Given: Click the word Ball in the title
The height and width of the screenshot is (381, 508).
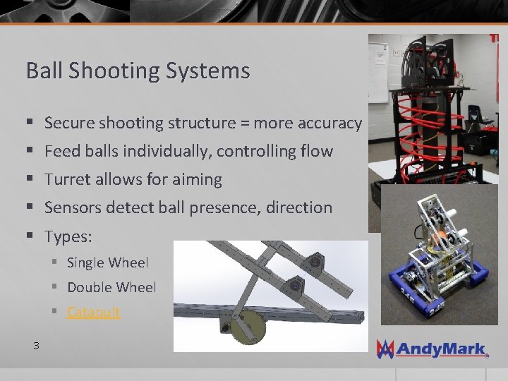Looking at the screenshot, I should [x=40, y=71].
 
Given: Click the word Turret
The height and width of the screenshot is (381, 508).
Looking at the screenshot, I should [x=66, y=180].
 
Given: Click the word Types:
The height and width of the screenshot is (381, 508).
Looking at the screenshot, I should [x=68, y=236].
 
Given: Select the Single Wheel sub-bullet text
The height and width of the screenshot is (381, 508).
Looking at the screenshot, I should [x=107, y=263].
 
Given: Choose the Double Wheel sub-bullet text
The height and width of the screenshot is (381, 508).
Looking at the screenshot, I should [x=111, y=287].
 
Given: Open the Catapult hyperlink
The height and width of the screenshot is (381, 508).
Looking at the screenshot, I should [x=94, y=312].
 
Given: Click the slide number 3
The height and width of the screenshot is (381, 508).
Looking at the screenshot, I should [x=35, y=345].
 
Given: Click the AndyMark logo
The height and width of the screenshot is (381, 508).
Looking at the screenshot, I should [x=433, y=348].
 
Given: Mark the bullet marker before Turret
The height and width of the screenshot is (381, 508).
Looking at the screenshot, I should [x=29, y=180].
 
